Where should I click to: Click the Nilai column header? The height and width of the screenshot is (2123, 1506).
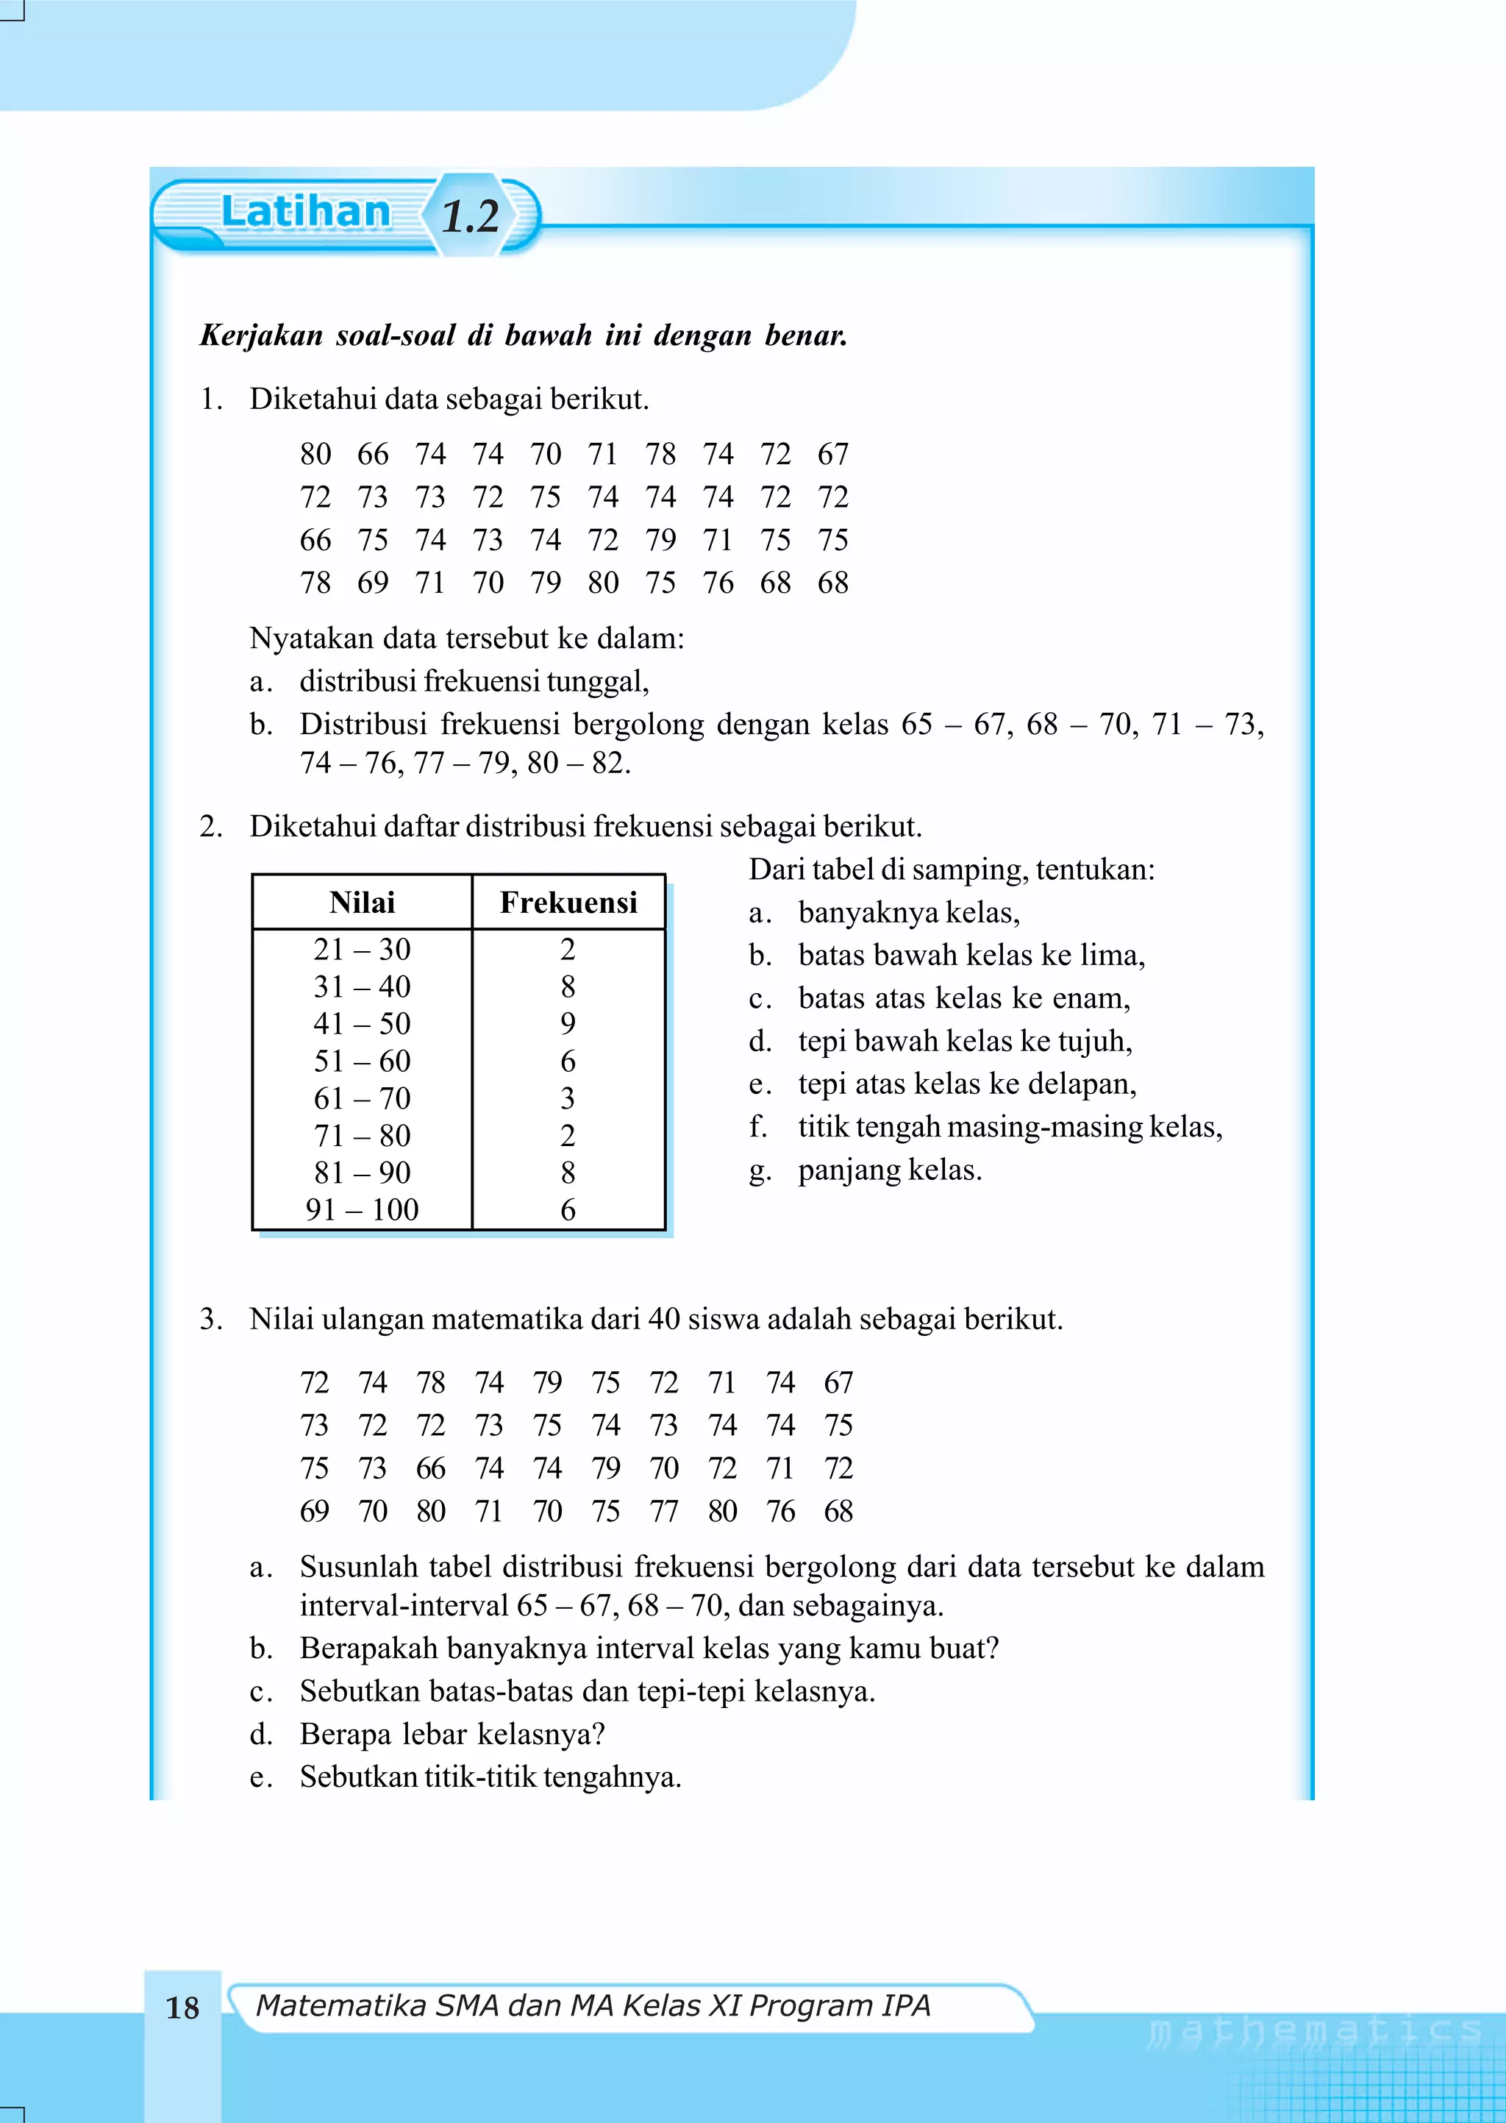pos(362,903)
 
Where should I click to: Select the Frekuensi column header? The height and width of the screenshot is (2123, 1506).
pos(568,903)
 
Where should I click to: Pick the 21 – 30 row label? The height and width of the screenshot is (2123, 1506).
pos(362,949)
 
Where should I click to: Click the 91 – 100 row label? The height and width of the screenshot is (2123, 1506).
pos(362,1209)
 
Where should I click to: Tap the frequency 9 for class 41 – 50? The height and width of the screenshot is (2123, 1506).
pos(568,1023)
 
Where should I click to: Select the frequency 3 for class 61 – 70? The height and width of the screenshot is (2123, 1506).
pos(568,1098)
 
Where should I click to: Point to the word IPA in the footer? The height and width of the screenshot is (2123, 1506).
pos(906,2005)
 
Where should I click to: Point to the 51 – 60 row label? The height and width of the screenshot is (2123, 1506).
pos(362,1061)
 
